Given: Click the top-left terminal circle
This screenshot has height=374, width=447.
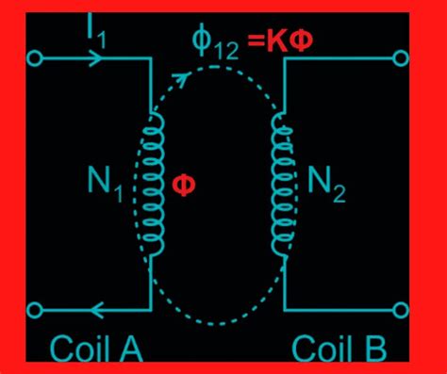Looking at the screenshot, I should (36, 58).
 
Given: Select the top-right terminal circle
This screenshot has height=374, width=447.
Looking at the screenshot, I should (403, 58).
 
